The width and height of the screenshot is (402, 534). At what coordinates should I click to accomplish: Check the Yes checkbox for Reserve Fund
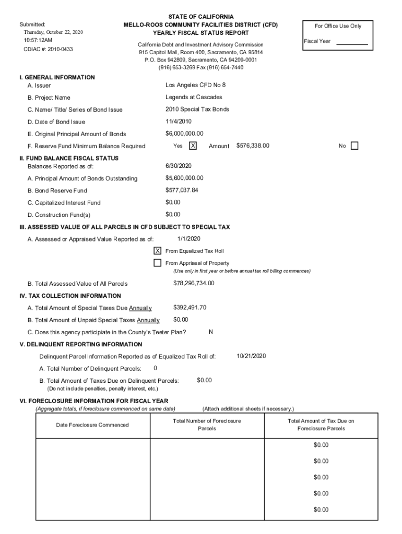tap(193, 146)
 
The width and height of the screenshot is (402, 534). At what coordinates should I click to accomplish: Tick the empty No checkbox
tap(354, 146)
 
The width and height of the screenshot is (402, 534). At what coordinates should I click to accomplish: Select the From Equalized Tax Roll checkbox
tap(157, 251)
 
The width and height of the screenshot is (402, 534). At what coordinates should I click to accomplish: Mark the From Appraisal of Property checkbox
tap(157, 263)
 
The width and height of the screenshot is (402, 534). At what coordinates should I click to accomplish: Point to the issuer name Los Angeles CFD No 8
tap(195, 85)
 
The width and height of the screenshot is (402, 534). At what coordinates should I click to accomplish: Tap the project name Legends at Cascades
tap(194, 97)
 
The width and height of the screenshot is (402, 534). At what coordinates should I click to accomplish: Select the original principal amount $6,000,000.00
tap(184, 133)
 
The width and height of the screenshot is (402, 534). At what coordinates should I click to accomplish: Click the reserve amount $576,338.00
tap(253, 145)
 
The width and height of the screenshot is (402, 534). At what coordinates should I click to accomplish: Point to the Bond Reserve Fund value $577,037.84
tap(182, 190)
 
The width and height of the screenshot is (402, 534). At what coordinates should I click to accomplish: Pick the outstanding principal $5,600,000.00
tap(184, 178)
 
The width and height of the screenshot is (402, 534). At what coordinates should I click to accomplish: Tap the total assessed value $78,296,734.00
tap(193, 283)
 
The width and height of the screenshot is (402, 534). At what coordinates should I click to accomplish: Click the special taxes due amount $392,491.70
tap(190, 308)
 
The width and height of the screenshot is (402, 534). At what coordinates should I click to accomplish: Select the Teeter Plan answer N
tap(210, 332)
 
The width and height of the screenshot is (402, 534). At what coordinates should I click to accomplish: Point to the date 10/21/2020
tap(251, 356)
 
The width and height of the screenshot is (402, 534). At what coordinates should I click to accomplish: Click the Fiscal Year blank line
tap(352, 44)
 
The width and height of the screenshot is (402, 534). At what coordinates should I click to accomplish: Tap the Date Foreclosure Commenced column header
tap(92, 425)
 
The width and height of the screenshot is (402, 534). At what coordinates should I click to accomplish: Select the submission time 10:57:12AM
tap(38, 40)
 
